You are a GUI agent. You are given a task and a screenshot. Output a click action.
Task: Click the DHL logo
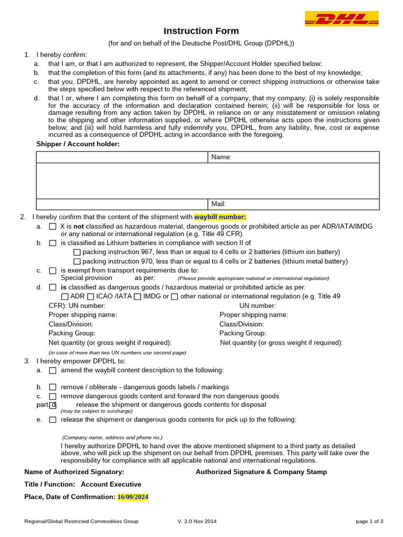(x=341, y=19)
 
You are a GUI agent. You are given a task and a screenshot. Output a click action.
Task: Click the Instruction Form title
(x=201, y=31)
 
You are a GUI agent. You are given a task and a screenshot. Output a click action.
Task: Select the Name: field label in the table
(x=221, y=157)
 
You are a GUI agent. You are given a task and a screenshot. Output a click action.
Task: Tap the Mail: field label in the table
(x=218, y=204)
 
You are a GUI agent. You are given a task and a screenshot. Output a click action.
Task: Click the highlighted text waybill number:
(x=220, y=217)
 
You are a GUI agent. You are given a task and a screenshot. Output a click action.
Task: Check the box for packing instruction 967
(x=77, y=252)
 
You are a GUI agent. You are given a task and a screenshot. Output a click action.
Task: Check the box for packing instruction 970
(x=77, y=261)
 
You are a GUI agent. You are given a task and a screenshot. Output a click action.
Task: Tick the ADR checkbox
(x=65, y=297)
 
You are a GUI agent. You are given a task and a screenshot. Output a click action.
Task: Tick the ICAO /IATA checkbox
(x=91, y=297)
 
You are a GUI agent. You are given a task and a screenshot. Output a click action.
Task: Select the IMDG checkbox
(x=137, y=297)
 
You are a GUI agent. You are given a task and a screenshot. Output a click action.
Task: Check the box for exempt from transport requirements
(x=52, y=271)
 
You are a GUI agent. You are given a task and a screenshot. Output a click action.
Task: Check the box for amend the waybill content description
(x=52, y=370)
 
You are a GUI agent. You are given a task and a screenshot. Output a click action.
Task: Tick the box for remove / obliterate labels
(x=52, y=387)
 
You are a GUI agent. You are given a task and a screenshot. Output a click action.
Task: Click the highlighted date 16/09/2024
(x=133, y=497)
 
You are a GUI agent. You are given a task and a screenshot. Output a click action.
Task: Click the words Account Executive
(x=111, y=485)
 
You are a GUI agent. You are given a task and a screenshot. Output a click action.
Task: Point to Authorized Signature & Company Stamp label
(x=261, y=472)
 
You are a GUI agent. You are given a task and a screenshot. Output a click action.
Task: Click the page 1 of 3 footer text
(x=369, y=521)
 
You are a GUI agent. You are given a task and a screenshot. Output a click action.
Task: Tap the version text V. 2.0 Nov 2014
(x=197, y=521)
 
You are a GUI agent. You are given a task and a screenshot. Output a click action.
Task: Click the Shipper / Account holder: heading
(x=78, y=144)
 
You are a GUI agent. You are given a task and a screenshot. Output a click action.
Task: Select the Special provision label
(x=87, y=278)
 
